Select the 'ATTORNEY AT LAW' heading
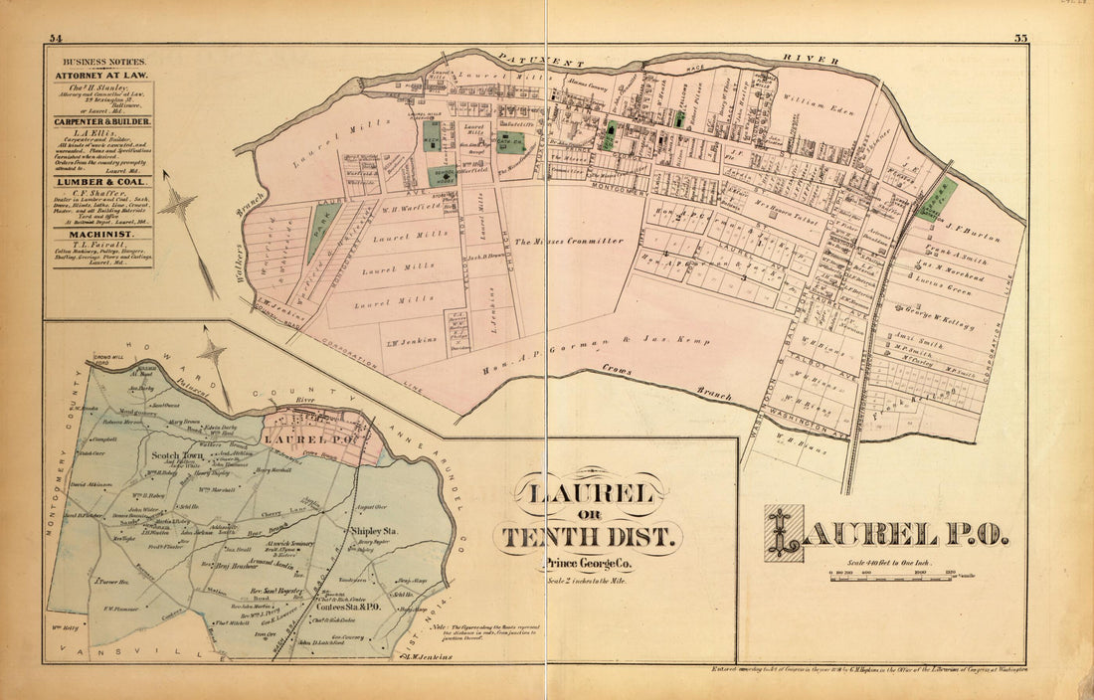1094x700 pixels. [x=97, y=75]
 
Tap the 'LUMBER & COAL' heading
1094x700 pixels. [x=97, y=182]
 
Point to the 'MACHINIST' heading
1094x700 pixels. [x=97, y=234]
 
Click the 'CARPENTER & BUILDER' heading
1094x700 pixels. [x=97, y=121]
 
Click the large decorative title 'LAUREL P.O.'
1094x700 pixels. [x=887, y=534]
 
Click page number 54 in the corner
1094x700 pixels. [x=55, y=38]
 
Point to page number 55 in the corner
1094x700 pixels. [x=1021, y=38]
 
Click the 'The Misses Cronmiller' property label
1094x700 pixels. [x=569, y=241]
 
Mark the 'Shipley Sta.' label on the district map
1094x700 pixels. [x=374, y=532]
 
